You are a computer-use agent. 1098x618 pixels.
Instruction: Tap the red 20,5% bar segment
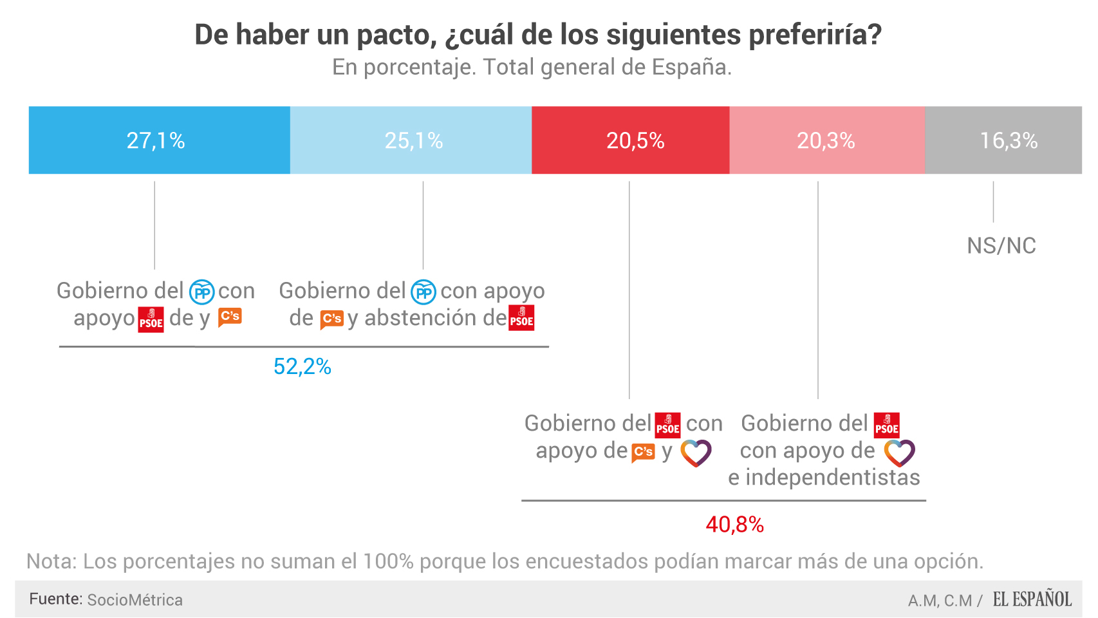(631, 140)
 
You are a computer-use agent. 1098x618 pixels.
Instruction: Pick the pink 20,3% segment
(826, 140)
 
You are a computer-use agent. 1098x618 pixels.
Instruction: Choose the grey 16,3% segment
(1004, 140)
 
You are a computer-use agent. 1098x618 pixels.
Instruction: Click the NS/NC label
(1001, 246)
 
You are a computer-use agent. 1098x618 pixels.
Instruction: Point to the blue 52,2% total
(302, 367)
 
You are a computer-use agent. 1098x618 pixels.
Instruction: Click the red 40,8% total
(735, 525)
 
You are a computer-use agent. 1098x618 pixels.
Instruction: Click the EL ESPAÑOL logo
(1032, 599)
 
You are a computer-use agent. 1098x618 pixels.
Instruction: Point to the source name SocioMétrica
(135, 600)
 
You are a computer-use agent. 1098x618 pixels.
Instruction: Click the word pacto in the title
(393, 35)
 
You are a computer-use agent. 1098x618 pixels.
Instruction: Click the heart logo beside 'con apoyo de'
(899, 453)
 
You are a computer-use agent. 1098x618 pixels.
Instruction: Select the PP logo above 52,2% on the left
(201, 292)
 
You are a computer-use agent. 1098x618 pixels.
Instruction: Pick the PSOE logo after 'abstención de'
(521, 319)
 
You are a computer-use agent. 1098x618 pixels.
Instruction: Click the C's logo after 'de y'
(230, 317)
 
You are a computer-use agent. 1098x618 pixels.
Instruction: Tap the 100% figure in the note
(388, 561)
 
